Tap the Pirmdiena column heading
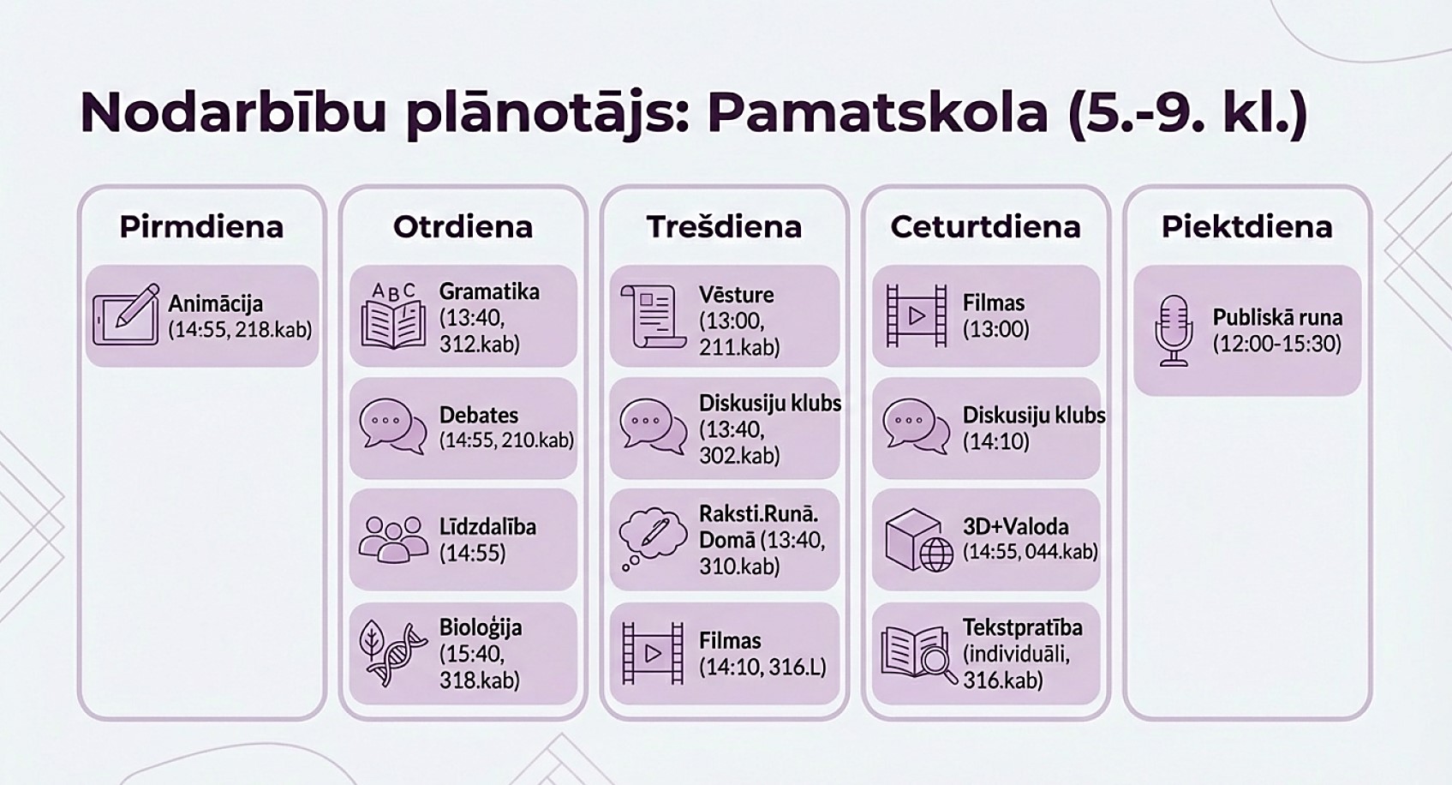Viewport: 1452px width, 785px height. coord(201,227)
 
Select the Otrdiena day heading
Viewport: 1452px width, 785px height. coord(463,227)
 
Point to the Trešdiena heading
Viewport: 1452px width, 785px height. coord(724,227)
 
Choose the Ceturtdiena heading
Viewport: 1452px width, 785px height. coord(985,227)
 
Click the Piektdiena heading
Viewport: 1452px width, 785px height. coord(1246,227)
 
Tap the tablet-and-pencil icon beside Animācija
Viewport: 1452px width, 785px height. coord(127,315)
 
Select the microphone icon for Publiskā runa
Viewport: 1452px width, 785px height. coord(1174,332)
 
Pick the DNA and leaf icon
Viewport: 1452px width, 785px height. coord(393,653)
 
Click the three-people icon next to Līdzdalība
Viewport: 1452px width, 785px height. coord(393,539)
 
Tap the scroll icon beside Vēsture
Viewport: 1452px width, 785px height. coord(653,316)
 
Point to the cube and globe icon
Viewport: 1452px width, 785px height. coord(919,540)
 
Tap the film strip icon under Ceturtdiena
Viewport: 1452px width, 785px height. coord(917,315)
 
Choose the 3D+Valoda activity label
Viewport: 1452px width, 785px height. coord(1016,526)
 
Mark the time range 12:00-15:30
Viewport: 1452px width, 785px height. coord(1277,344)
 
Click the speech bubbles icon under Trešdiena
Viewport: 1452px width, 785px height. coord(653,427)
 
